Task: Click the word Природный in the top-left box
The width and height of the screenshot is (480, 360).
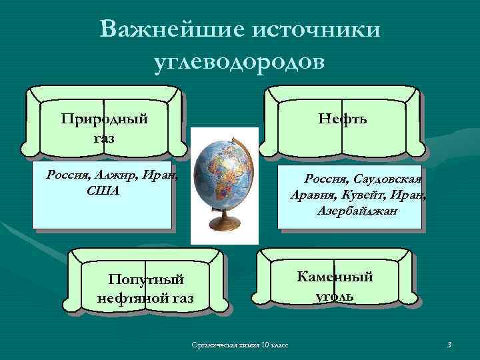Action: pyautogui.click(x=104, y=119)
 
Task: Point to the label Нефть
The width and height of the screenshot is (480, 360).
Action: pyautogui.click(x=342, y=119)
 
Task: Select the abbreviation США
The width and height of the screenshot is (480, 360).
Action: pyautogui.click(x=103, y=191)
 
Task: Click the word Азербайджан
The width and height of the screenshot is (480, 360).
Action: pyautogui.click(x=357, y=211)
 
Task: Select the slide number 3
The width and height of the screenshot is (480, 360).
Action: pyautogui.click(x=449, y=344)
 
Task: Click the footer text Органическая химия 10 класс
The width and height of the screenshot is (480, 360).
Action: pyautogui.click(x=239, y=345)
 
